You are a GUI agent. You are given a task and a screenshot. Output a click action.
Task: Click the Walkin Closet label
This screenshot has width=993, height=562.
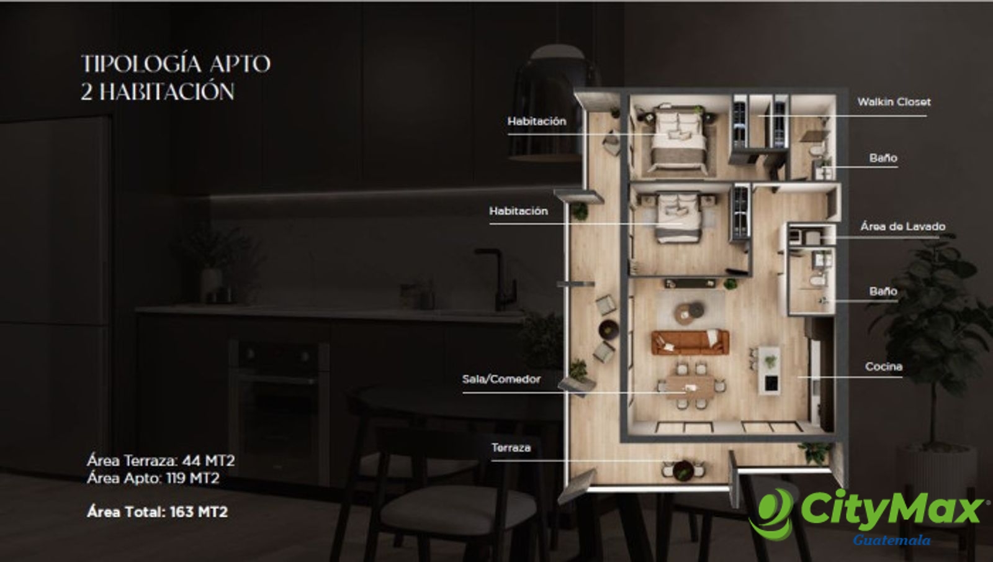tap(894, 102)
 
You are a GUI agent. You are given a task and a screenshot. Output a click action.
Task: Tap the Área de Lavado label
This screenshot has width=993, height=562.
tap(902, 227)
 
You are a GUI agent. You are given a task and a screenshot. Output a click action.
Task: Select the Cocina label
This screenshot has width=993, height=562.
tap(884, 367)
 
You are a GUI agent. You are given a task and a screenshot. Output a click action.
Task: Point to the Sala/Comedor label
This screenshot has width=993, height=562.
tap(501, 379)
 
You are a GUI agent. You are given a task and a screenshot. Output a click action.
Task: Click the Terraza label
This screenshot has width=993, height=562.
tap(511, 448)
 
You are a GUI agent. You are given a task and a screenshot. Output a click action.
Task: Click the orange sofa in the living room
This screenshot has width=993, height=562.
tap(690, 342)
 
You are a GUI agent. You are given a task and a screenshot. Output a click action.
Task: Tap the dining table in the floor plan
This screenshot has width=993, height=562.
tap(690, 387)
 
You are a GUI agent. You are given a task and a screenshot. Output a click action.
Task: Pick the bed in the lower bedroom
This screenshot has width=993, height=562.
tap(678, 217)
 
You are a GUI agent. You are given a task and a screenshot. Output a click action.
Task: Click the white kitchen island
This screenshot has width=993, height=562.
tap(769, 371)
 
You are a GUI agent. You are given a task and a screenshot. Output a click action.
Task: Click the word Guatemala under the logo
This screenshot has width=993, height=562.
tap(891, 540)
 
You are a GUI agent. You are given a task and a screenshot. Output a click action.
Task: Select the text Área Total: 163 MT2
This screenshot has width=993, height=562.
tap(158, 512)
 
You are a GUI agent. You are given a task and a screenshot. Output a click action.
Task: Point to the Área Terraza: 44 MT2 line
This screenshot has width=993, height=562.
tap(161, 461)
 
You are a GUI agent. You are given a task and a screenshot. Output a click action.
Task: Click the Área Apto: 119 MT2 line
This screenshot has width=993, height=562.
tap(153, 479)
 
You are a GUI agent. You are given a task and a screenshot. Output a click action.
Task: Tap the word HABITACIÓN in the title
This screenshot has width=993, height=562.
tap(167, 93)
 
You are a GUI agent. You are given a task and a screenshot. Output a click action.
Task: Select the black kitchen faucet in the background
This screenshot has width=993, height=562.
tap(496, 277)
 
